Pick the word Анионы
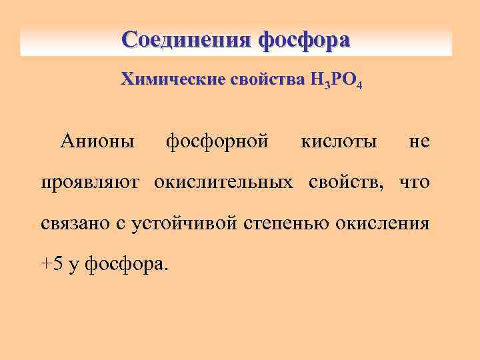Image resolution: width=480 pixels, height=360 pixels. (97, 141)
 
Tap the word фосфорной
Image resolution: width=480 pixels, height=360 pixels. (217, 141)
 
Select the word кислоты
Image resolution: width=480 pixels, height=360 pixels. (339, 141)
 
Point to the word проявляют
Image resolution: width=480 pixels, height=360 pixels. (92, 183)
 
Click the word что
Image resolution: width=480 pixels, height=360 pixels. (414, 183)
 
